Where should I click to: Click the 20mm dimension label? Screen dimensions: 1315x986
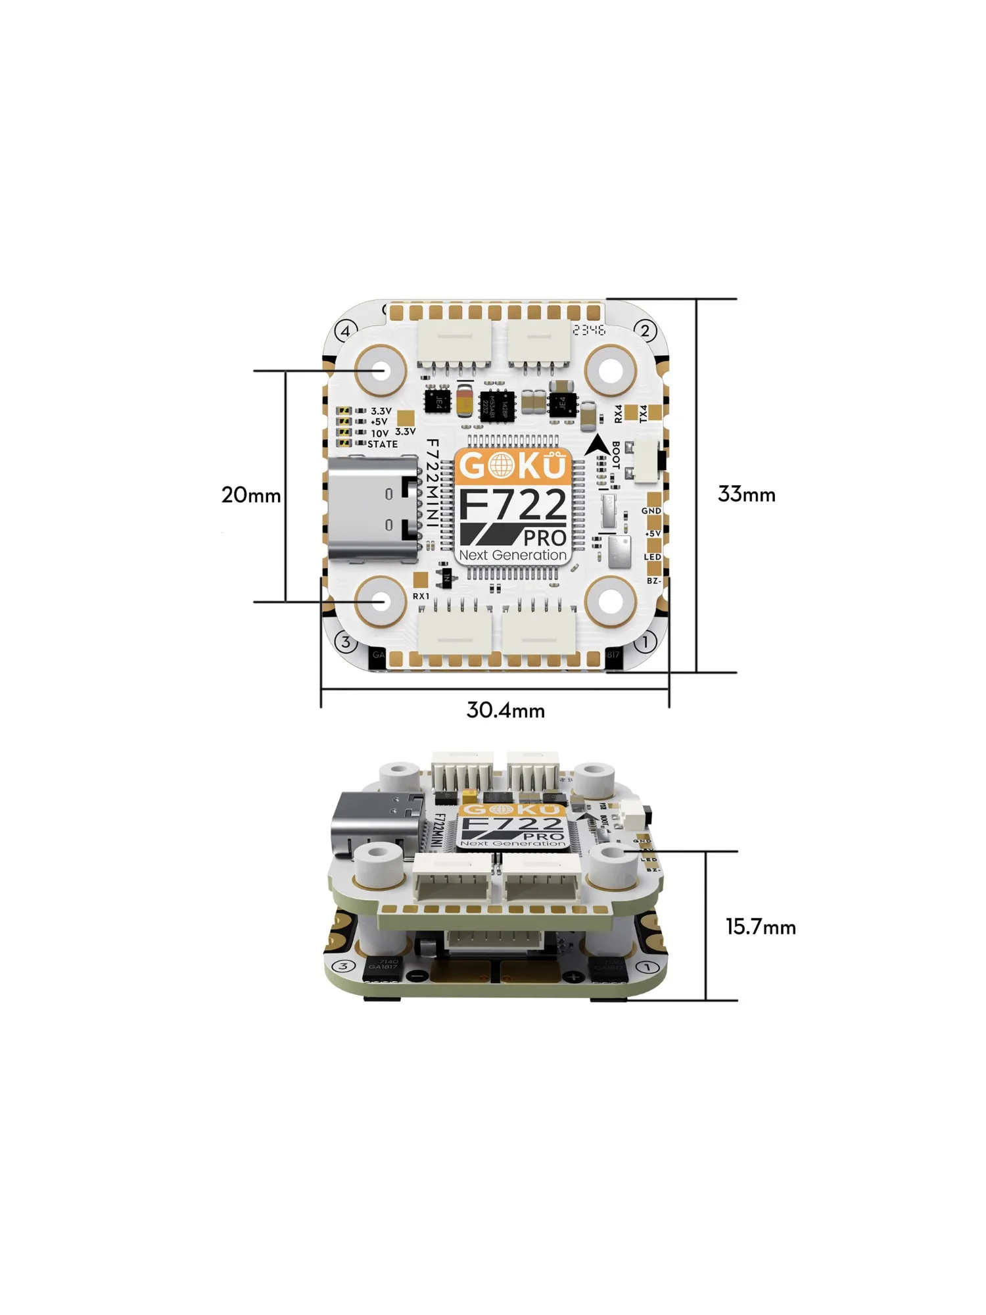[x=250, y=494]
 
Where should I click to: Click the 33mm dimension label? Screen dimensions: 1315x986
[x=746, y=494]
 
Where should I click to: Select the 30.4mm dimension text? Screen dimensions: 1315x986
[x=505, y=710]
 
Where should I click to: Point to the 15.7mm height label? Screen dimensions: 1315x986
[x=761, y=927]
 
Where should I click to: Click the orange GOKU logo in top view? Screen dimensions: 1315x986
[x=512, y=466]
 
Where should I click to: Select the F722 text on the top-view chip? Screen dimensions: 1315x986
[x=512, y=505]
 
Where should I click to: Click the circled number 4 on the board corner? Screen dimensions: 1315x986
[x=346, y=331]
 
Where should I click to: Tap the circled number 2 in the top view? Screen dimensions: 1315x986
[x=646, y=331]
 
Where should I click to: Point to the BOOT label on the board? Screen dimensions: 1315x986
[x=616, y=455]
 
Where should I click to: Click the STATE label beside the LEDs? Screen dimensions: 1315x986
[x=383, y=444]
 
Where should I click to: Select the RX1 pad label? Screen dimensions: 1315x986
[x=421, y=596]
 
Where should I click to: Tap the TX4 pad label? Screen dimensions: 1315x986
[x=644, y=414]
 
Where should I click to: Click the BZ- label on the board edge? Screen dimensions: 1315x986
[x=653, y=581]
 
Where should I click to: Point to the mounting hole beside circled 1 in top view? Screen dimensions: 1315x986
[x=611, y=600]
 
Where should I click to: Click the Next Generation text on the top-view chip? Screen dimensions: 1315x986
[x=512, y=555]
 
